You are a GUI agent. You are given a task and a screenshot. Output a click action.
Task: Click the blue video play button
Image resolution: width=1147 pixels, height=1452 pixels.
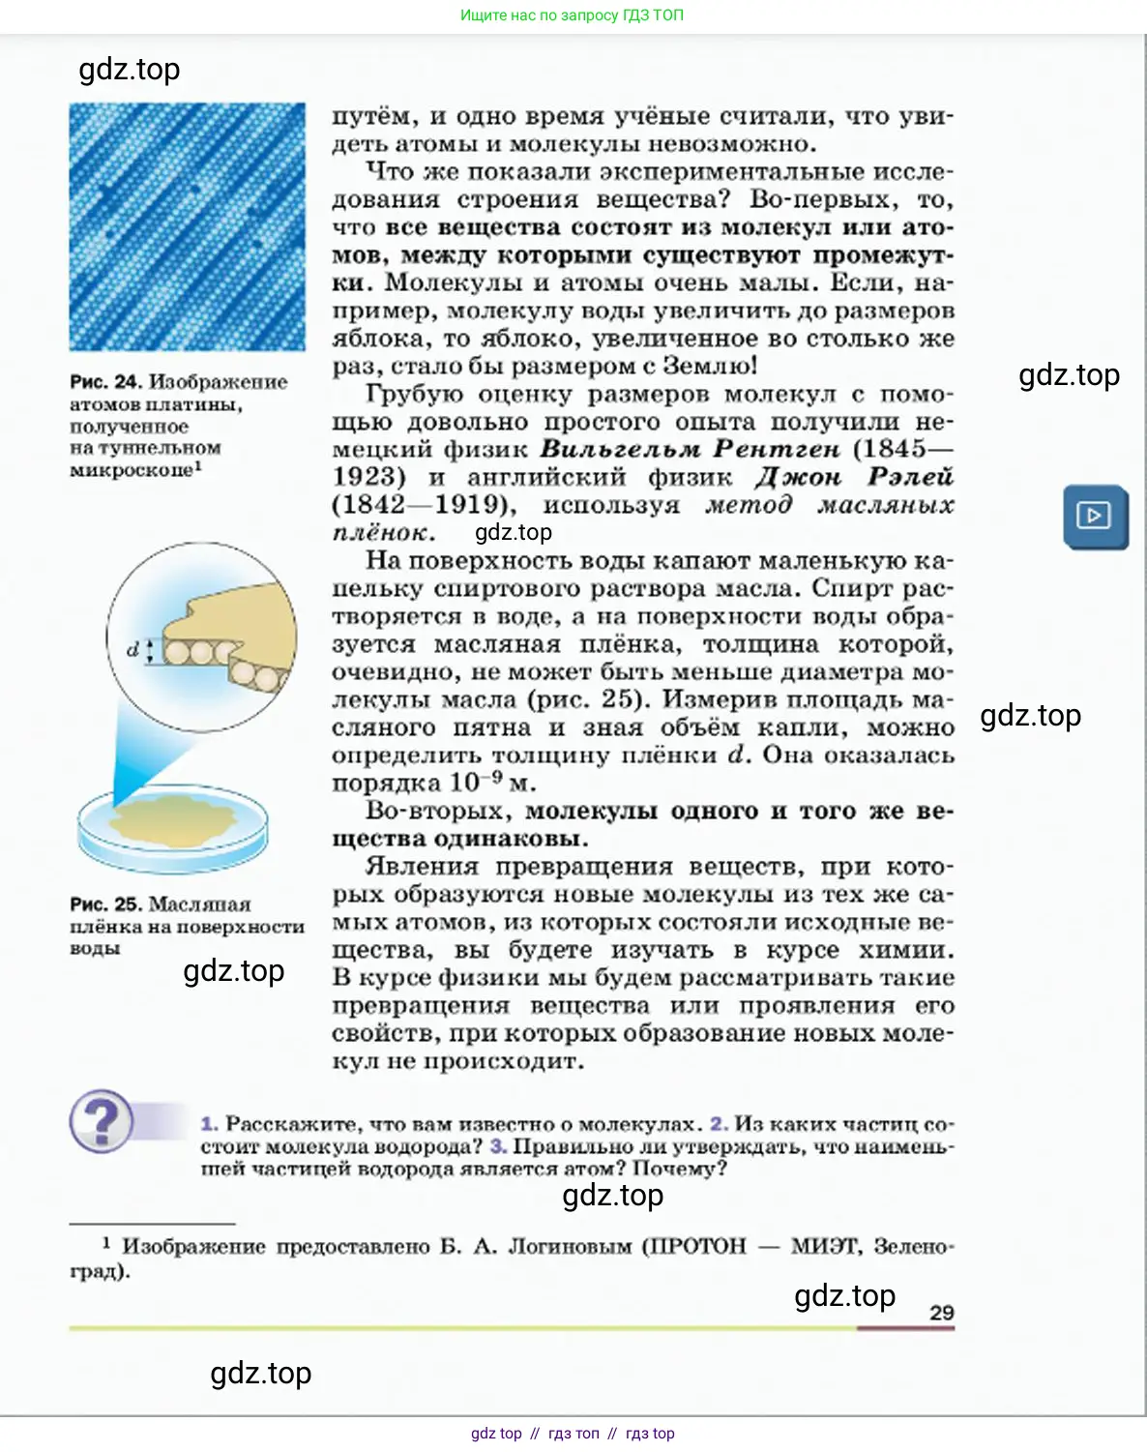(x=1095, y=516)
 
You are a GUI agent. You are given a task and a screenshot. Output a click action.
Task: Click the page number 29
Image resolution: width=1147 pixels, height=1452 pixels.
(x=941, y=1312)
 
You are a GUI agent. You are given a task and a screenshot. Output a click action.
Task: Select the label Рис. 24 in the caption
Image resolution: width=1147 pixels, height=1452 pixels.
(x=105, y=382)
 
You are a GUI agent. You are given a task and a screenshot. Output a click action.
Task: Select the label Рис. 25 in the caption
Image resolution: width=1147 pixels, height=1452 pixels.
(x=105, y=904)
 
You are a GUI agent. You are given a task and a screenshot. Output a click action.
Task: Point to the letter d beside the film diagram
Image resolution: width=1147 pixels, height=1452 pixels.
(x=133, y=649)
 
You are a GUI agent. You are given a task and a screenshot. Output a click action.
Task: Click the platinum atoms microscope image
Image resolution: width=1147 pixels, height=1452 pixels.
(x=187, y=226)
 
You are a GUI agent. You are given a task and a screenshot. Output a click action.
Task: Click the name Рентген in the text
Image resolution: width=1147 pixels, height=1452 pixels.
(x=777, y=449)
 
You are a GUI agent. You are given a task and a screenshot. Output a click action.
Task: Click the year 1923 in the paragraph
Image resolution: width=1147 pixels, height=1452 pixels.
(x=368, y=477)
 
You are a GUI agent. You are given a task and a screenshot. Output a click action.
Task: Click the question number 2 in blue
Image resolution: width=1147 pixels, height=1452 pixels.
(x=719, y=1124)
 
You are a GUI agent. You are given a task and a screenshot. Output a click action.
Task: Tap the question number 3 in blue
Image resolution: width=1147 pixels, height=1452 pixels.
(x=498, y=1146)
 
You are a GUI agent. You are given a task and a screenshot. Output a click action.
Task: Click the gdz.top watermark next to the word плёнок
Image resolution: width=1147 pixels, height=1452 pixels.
(x=513, y=532)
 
